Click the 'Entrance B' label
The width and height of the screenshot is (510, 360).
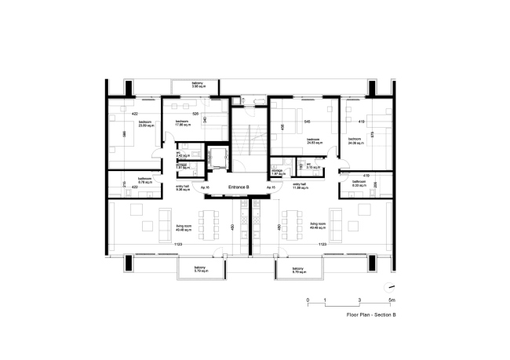(x=239, y=188)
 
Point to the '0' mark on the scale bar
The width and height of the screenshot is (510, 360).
(x=308, y=300)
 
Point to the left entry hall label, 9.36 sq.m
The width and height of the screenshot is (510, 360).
(x=183, y=187)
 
